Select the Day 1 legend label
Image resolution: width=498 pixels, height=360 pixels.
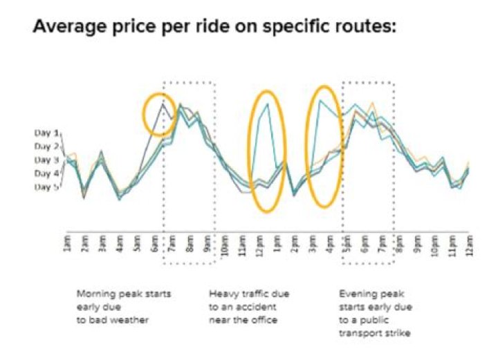(47, 132)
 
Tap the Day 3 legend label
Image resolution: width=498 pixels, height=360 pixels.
(47, 160)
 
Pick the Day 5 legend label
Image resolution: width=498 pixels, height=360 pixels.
(47, 187)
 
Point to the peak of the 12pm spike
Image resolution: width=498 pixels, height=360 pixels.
(267, 104)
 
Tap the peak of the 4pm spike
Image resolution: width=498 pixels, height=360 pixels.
(320, 101)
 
